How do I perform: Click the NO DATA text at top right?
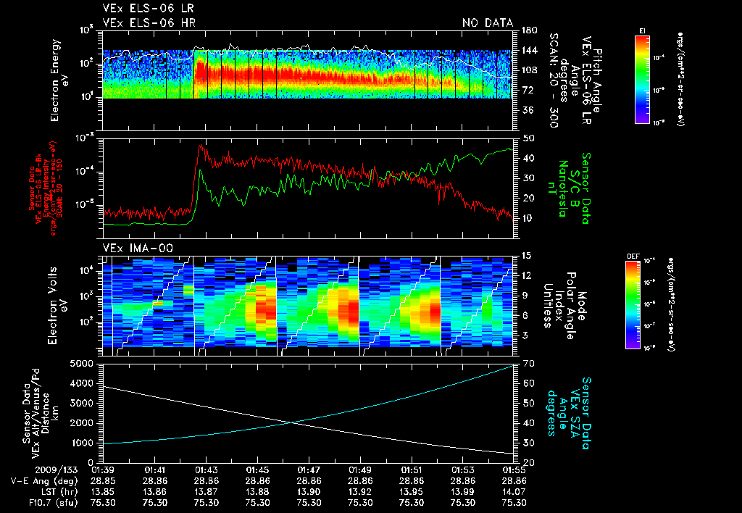coord(487,23)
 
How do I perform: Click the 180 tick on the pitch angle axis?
coord(528,30)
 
